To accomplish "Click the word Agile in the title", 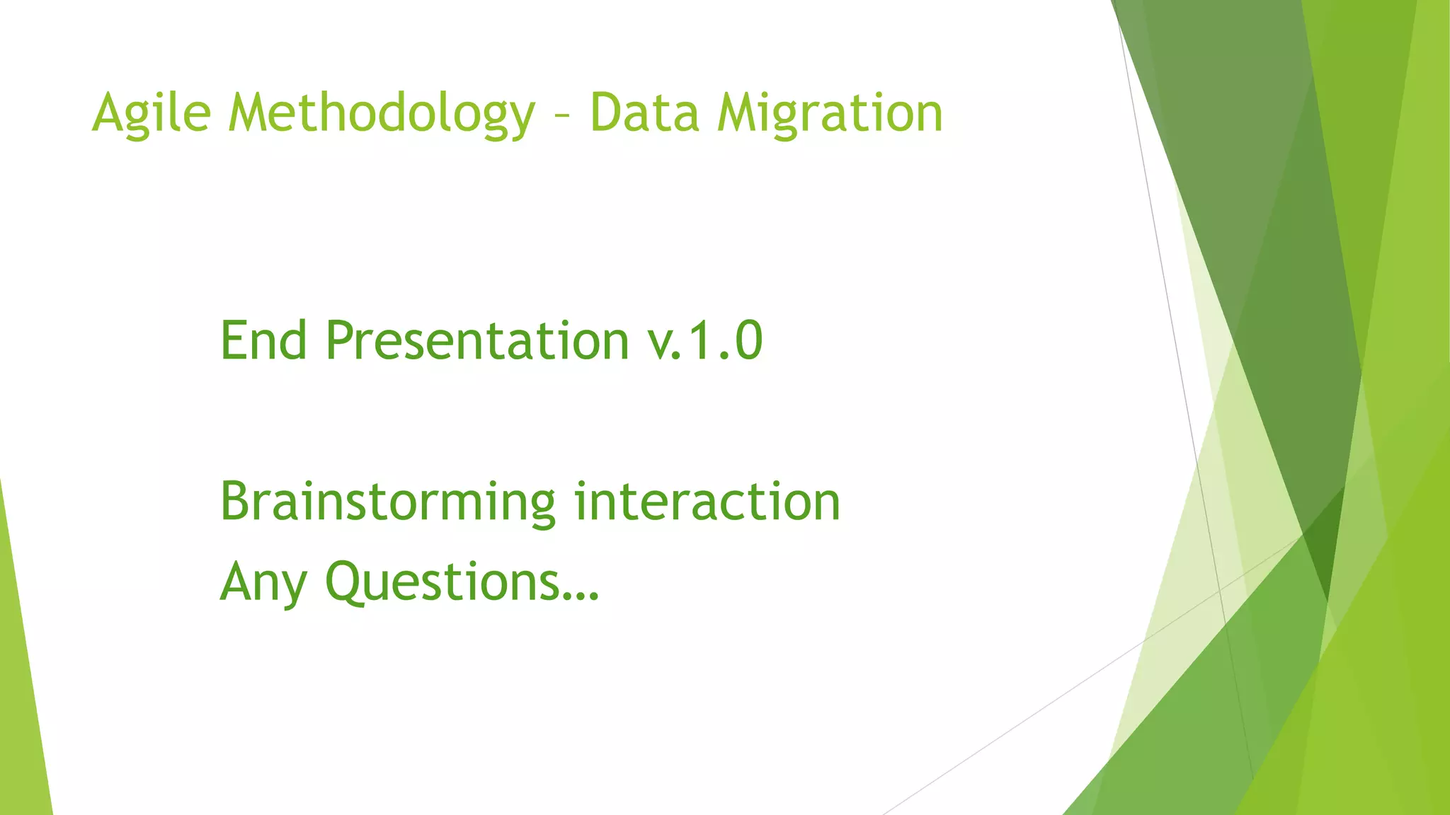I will coord(152,113).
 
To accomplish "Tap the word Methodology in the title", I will coord(382,113).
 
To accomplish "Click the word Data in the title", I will coord(644,113).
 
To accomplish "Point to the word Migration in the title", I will coord(829,113).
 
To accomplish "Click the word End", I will coord(263,341).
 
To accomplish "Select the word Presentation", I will coord(477,341).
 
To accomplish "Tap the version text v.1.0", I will coord(705,341).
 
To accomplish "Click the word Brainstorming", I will coord(388,502).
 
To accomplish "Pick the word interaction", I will coord(707,501).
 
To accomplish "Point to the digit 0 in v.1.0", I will coord(748,341).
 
